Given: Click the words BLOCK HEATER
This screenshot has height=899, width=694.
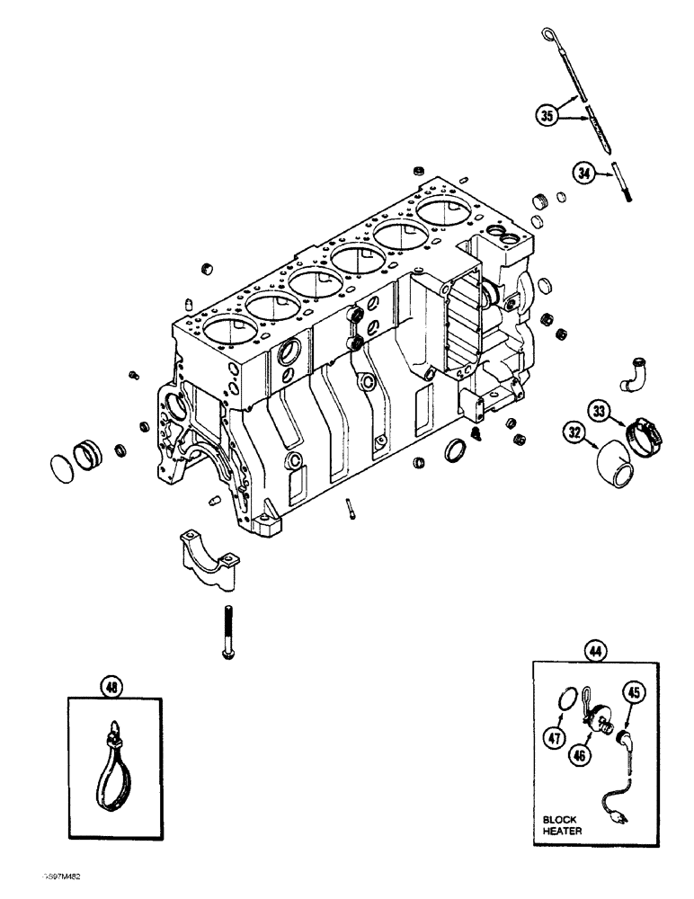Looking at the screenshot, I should point(563,824).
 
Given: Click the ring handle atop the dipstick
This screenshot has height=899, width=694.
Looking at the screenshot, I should point(548,34).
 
